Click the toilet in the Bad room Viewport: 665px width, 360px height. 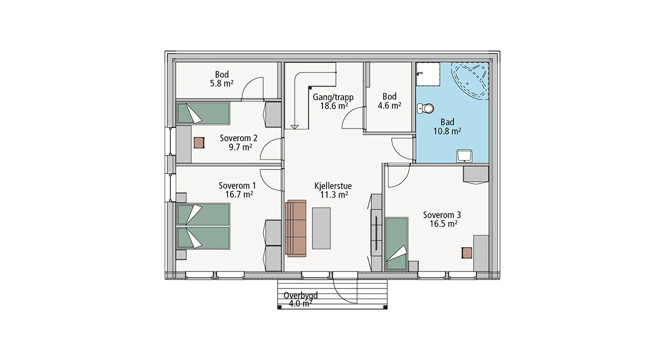[x=426, y=109]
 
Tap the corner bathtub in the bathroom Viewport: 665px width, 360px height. [x=470, y=80]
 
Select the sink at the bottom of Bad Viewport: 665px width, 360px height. [x=464, y=156]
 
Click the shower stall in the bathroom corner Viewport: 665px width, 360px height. [x=428, y=74]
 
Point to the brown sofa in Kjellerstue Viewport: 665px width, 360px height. [x=296, y=228]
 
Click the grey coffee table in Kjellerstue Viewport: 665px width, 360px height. [x=321, y=228]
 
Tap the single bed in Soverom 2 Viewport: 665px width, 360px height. [x=203, y=113]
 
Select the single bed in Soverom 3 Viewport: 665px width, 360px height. [x=396, y=244]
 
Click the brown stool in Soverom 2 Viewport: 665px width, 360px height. [x=199, y=143]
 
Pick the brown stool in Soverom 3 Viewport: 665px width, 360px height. [x=467, y=253]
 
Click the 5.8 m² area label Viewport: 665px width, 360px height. [x=222, y=84]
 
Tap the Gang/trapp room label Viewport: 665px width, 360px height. [x=333, y=97]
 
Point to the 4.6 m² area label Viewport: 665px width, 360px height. [x=390, y=105]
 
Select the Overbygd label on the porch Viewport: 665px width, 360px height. [x=300, y=295]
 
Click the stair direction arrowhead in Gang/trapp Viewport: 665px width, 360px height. [x=294, y=127]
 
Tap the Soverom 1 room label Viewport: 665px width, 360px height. [x=237, y=186]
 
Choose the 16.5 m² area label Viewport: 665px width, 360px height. [x=443, y=224]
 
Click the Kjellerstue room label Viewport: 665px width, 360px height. [x=333, y=186]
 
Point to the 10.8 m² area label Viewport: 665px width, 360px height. [x=447, y=131]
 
